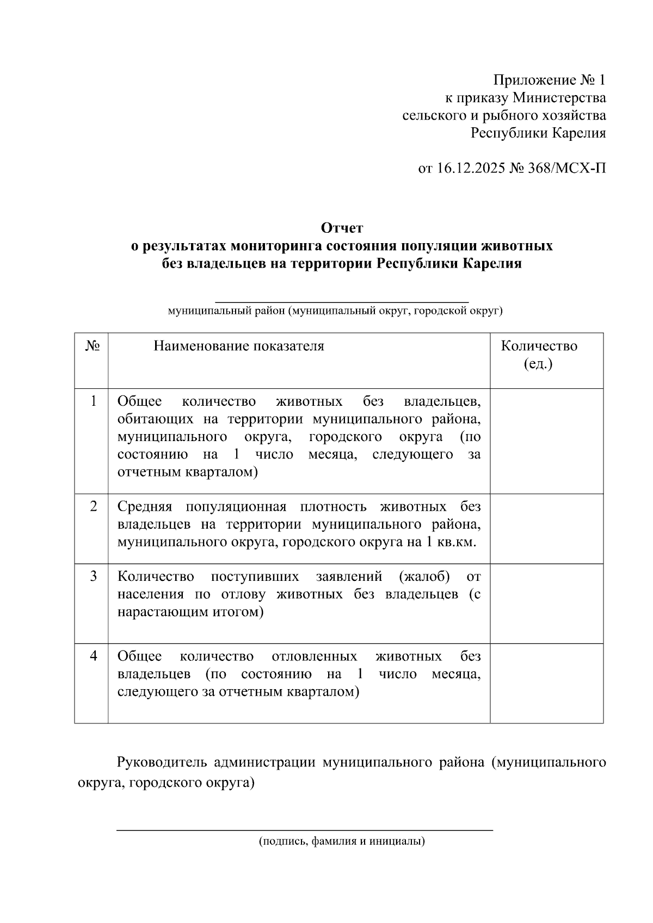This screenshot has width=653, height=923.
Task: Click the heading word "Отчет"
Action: click(342, 227)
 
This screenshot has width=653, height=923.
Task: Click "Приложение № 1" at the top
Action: click(549, 80)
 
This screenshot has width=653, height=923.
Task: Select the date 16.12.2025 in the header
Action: click(471, 168)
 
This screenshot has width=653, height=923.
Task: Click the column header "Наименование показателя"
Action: click(238, 346)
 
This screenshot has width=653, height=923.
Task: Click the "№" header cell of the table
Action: click(93, 346)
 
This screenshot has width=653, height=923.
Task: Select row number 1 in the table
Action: click(94, 401)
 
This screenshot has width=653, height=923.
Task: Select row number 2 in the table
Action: click(94, 506)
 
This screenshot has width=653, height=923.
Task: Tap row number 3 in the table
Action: click(94, 576)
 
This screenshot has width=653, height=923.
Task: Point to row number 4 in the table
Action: click(94, 656)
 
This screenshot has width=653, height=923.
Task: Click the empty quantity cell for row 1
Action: click(546, 441)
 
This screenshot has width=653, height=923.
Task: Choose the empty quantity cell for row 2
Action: click(546, 529)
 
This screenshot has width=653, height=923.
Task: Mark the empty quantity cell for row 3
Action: click(546, 603)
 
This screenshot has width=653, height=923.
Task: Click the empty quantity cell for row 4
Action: click(546, 683)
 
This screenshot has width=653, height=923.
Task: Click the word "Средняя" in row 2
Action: click(145, 507)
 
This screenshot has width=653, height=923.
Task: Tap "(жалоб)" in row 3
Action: click(424, 577)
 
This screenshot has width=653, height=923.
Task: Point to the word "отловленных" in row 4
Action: click(314, 656)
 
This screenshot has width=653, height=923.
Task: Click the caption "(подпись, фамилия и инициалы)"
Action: click(342, 841)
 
